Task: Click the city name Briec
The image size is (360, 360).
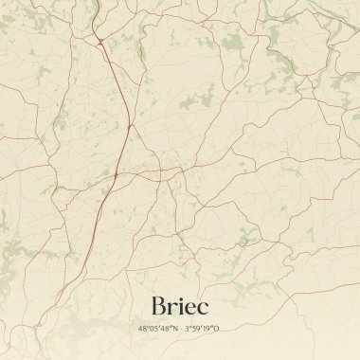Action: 179,305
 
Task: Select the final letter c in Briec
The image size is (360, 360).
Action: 204,308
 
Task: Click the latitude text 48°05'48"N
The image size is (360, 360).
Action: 157,329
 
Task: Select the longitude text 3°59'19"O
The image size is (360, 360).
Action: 202,329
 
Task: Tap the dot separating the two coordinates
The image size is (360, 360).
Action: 180,329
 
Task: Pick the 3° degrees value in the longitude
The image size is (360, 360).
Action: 188,329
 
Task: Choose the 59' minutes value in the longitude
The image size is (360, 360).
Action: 197,329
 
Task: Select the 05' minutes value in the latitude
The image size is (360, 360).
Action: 153,329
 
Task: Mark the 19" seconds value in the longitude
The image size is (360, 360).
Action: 208,329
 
